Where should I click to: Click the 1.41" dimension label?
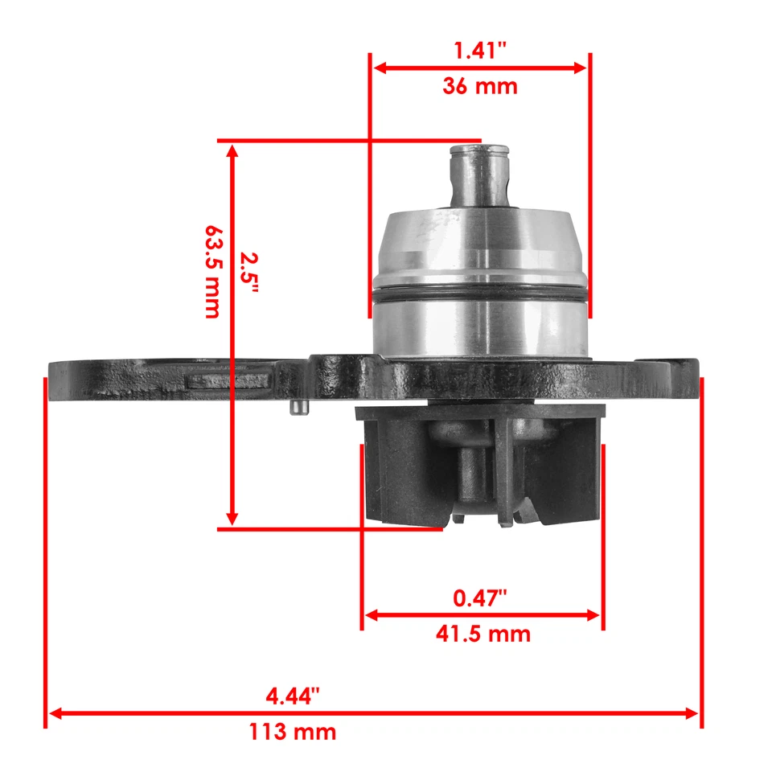pyautogui.click(x=480, y=51)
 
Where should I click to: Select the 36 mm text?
pyautogui.click(x=480, y=86)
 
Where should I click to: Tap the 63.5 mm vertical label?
pyautogui.click(x=211, y=271)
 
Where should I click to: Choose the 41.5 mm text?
pyautogui.click(x=482, y=634)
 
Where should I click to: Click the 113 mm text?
pyautogui.click(x=293, y=732)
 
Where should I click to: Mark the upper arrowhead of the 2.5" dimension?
pyautogui.click(x=232, y=150)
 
